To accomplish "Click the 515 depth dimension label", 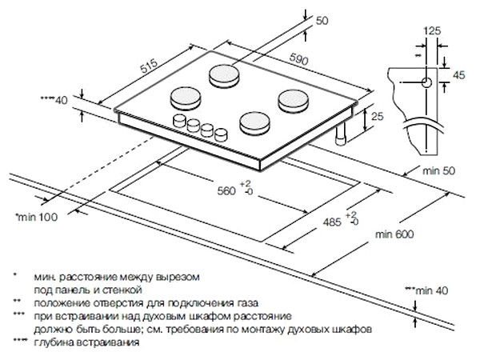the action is click(x=149, y=66).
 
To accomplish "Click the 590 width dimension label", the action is click(x=298, y=59).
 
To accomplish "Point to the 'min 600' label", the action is click(x=394, y=234).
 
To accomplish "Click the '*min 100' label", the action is click(x=37, y=217).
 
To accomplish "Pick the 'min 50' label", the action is click(x=438, y=170).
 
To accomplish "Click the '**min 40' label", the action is click(x=426, y=290).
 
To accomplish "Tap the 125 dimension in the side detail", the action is click(x=432, y=30).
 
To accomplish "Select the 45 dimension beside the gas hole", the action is click(x=458, y=74).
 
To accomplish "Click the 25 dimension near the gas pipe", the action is click(x=377, y=116).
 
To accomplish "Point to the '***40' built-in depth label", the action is click(x=54, y=99).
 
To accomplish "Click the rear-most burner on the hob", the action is click(x=224, y=76).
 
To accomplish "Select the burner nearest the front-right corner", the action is click(x=255, y=124).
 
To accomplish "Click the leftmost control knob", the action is click(x=179, y=120).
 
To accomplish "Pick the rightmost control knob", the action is click(x=222, y=135).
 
